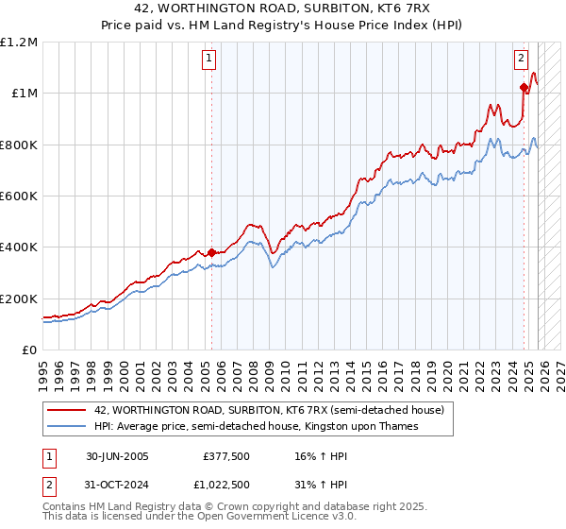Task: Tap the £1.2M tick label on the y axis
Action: [19, 42]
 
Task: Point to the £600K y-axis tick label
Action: [19, 196]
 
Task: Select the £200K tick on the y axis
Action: [19, 299]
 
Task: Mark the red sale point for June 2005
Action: [211, 252]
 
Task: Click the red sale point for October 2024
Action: [524, 87]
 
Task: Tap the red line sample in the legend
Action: [68, 410]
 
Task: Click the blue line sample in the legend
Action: [68, 426]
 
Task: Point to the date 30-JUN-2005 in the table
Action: [117, 456]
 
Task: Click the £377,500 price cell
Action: [225, 456]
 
